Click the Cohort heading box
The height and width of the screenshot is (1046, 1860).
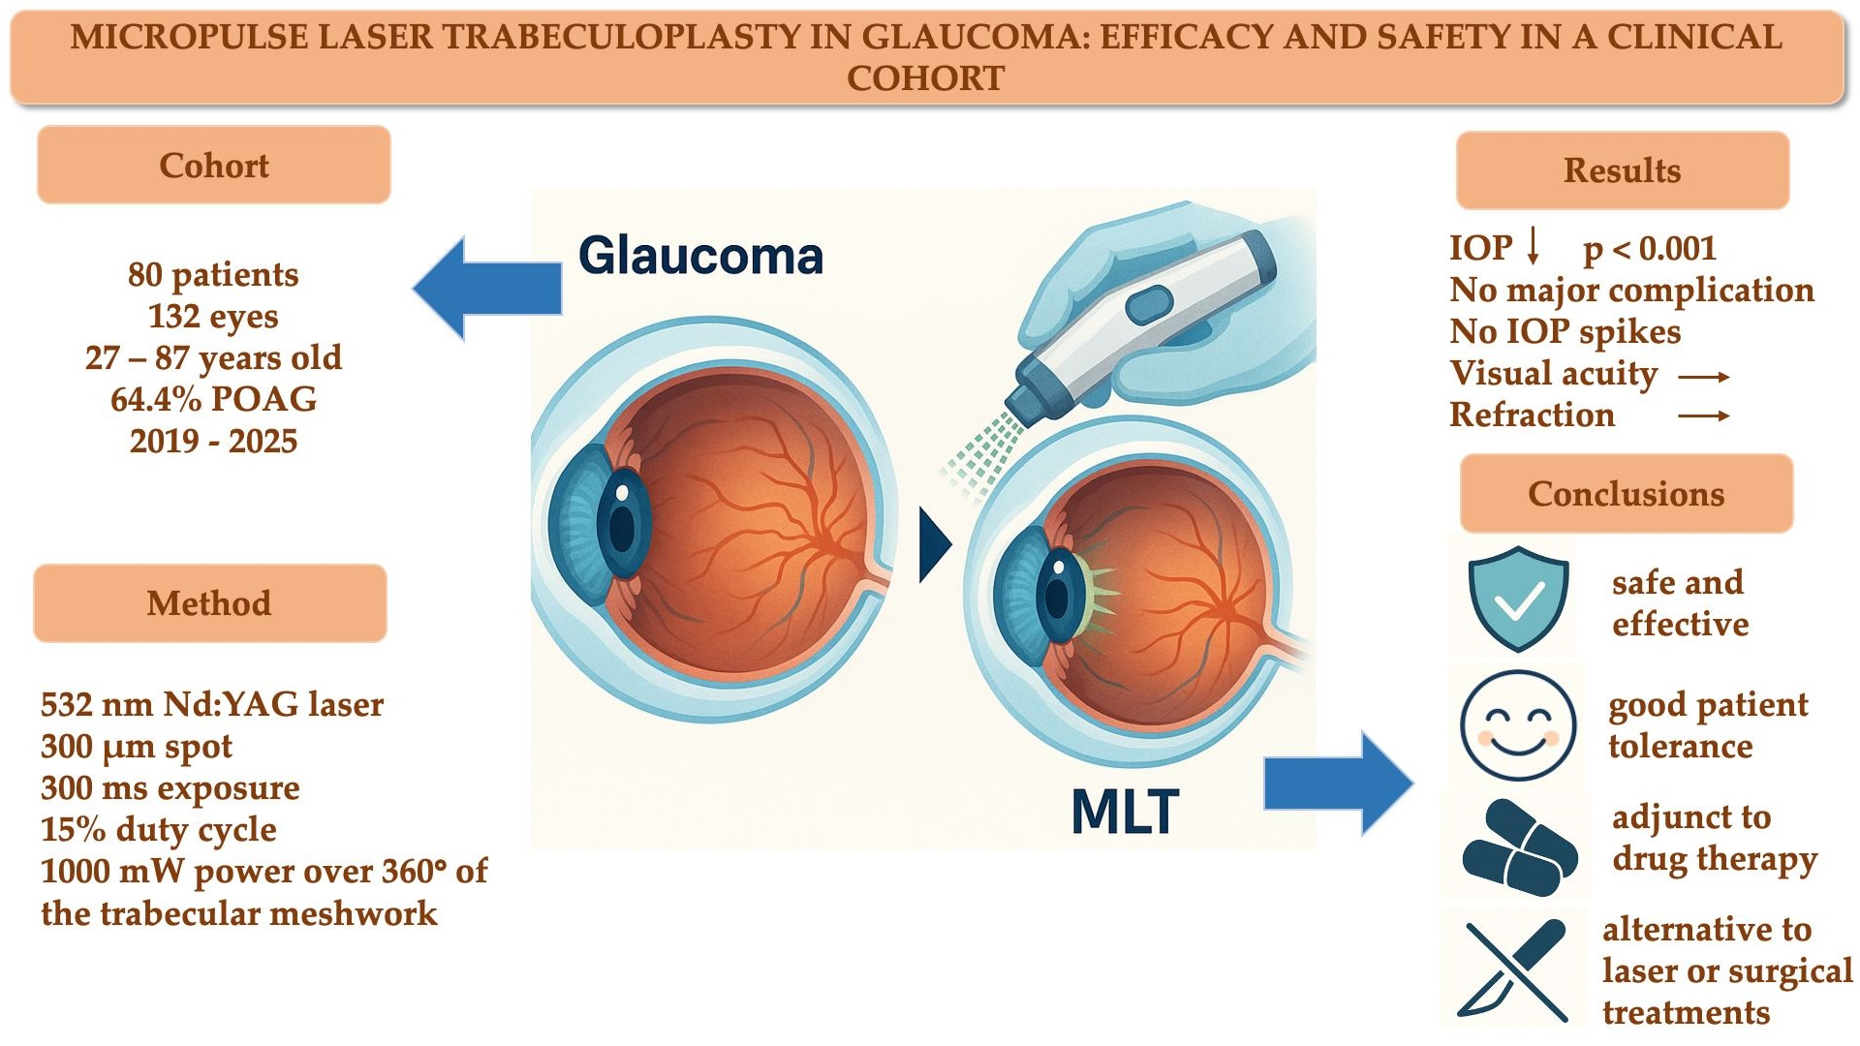pyautogui.click(x=214, y=166)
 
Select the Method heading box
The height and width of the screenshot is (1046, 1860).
pyautogui.click(x=209, y=603)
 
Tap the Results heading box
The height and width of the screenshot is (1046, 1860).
pyautogui.click(x=1623, y=170)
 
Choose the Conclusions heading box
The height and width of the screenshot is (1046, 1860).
pyautogui.click(x=1627, y=494)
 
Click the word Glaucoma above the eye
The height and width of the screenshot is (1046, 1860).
pyautogui.click(x=700, y=257)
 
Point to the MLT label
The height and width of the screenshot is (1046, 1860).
pyautogui.click(x=1125, y=812)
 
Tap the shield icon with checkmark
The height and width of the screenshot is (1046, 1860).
pyautogui.click(x=1518, y=600)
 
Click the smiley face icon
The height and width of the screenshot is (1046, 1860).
pyautogui.click(x=1518, y=725)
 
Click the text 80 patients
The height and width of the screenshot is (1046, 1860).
pyautogui.click(x=213, y=275)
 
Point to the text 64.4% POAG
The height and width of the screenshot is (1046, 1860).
pyautogui.click(x=213, y=399)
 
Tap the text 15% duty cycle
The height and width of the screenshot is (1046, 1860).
pyautogui.click(x=158, y=830)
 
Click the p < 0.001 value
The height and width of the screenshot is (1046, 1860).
pyautogui.click(x=1650, y=249)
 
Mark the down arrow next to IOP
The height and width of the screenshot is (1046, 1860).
pyautogui.click(x=1533, y=247)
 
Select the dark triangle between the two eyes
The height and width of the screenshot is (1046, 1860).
pyautogui.click(x=933, y=544)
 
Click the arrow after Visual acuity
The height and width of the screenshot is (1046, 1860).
pyautogui.click(x=1704, y=376)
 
